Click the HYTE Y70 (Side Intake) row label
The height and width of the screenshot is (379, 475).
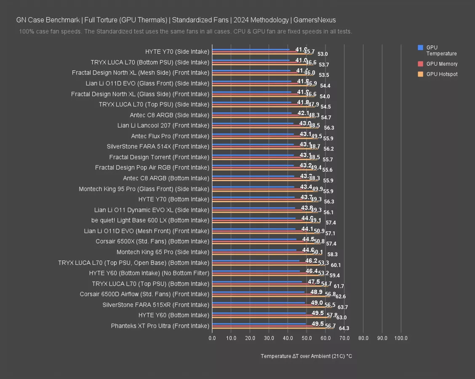177,52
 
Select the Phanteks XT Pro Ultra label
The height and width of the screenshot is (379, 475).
160,326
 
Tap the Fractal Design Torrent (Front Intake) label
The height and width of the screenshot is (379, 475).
159,157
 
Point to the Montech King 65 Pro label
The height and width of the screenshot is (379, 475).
163,252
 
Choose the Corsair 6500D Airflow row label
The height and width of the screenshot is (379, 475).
144,294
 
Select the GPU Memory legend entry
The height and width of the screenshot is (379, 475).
441,64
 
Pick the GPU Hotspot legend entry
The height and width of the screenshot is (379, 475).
441,74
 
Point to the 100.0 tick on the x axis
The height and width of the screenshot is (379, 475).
400,338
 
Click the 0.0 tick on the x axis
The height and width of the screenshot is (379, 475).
212,338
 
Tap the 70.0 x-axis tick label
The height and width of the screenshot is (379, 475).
344,338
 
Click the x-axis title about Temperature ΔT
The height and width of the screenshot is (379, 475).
306,356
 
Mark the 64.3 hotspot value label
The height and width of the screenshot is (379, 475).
344,328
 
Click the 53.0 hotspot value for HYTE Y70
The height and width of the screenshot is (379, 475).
323,54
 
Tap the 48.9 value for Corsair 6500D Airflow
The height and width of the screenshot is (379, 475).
317,292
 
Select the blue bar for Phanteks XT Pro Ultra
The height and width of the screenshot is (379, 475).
259,324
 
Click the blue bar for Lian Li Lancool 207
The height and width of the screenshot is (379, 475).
253,123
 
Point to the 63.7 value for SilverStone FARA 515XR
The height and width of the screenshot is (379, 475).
343,307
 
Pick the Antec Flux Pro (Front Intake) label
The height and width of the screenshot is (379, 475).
170,136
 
